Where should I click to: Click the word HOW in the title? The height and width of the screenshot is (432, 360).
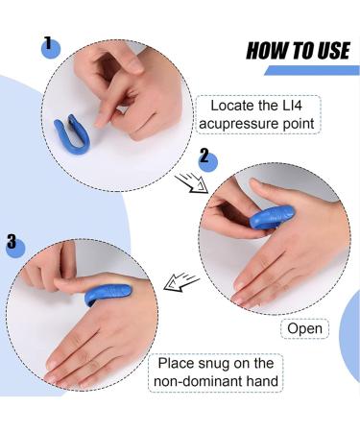pyautogui.click(x=266, y=50)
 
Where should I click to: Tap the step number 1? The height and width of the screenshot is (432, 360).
pyautogui.click(x=48, y=43)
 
